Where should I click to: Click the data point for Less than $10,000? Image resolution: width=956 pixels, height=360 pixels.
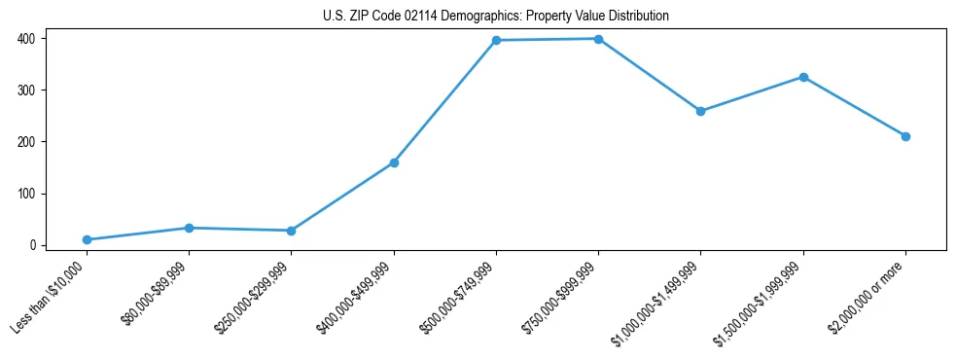coord(87,239)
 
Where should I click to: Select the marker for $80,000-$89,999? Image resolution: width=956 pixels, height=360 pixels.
coord(189,228)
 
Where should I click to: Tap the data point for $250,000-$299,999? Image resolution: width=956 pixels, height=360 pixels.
coord(291,231)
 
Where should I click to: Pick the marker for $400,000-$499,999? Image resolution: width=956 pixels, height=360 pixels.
coord(394,162)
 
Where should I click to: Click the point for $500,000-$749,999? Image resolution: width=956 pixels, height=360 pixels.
coord(496,40)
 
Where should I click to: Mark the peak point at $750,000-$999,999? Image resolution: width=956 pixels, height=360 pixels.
coord(598,39)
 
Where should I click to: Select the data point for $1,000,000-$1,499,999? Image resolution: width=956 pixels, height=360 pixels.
coord(700,111)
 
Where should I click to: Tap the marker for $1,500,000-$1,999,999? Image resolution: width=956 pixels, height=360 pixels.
coord(803,77)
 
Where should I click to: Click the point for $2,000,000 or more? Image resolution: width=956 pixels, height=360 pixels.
coord(905,136)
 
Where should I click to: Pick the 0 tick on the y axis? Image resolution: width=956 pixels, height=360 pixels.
coord(33,245)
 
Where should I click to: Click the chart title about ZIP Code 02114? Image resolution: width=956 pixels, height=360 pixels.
coord(496,17)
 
